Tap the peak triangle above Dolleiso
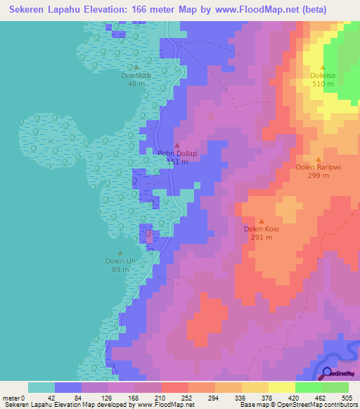coord(323,67)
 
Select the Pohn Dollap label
coord(176,154)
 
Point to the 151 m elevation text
coord(176,162)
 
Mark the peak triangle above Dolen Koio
coord(262,221)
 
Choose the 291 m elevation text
coord(262,238)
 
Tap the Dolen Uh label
coord(120,261)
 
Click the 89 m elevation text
coord(120,269)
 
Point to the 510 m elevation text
coord(323,84)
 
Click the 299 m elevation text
coord(318,176)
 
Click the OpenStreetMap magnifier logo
coord(328,372)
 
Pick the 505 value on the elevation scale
coord(347,398)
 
